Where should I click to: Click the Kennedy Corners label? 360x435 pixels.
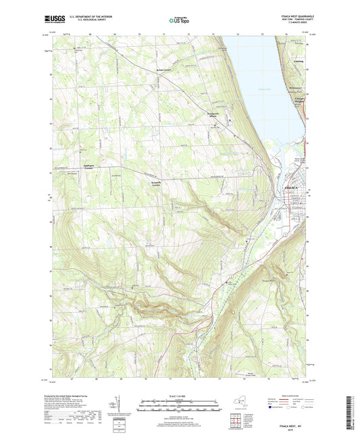157,183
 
